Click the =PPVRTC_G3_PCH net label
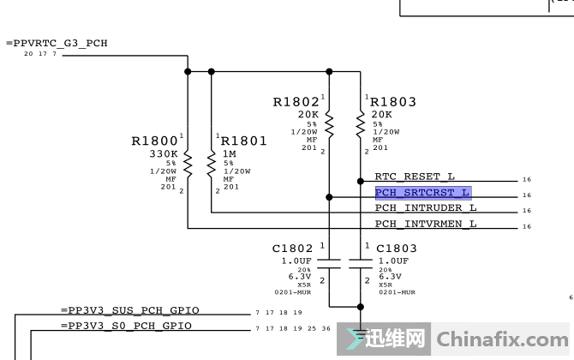click(x=57, y=43)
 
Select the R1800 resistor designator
click(x=154, y=141)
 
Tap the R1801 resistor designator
click(x=244, y=141)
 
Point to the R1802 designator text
click(x=296, y=102)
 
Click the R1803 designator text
click(x=393, y=102)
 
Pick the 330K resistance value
click(x=164, y=153)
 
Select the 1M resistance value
click(x=230, y=153)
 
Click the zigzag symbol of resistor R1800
click(x=188, y=165)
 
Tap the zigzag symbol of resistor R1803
click(x=361, y=125)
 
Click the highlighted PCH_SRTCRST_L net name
click(x=423, y=193)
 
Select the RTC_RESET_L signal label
click(x=415, y=177)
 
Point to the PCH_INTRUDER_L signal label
click(x=426, y=207)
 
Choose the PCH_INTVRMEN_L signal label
click(x=426, y=224)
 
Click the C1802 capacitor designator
click(x=292, y=249)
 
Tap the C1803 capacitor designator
click(x=397, y=249)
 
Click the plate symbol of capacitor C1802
click(x=329, y=264)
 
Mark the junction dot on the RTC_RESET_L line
click(x=361, y=181)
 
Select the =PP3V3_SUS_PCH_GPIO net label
click(x=130, y=310)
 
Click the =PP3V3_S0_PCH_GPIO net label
click(x=126, y=326)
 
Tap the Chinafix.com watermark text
click(x=502, y=339)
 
